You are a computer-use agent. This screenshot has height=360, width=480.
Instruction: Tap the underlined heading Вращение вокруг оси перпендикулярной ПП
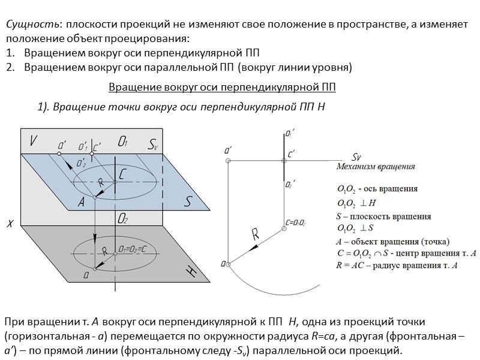[222, 88]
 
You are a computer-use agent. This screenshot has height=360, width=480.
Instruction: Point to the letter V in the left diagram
[33, 141]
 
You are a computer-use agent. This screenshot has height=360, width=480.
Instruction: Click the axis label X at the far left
[10, 224]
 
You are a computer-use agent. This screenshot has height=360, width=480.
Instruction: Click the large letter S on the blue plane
[187, 202]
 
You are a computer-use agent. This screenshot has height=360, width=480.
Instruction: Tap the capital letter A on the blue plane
[81, 202]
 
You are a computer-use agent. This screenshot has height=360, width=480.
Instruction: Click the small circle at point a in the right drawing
[227, 262]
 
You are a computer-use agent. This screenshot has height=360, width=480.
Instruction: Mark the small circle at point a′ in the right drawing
[227, 161]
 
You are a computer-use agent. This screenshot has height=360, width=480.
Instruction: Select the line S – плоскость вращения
[384, 216]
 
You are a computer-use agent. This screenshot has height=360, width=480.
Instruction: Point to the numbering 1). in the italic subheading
[44, 107]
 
